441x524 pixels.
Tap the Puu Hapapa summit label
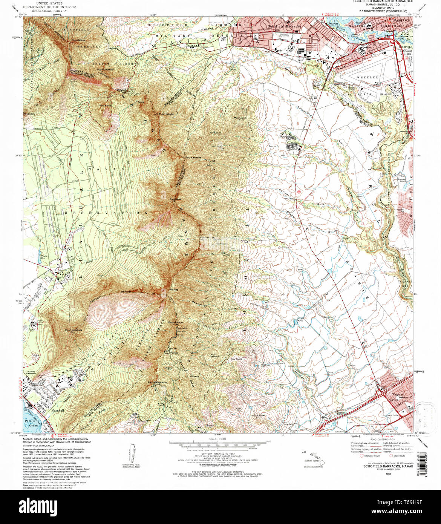(x=166, y=113)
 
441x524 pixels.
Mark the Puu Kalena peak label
(x=79, y=40)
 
